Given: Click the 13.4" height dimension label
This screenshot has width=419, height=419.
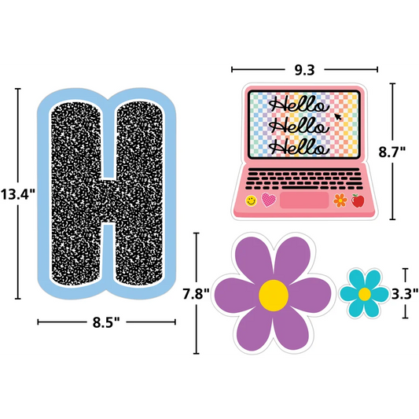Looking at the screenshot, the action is point(17,194).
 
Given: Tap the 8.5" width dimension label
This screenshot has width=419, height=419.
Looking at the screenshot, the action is point(106,322).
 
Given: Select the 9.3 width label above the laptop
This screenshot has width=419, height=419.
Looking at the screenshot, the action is point(305,70).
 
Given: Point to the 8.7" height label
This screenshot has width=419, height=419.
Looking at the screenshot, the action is point(392,152).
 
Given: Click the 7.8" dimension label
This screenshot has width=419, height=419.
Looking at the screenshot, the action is point(196,294).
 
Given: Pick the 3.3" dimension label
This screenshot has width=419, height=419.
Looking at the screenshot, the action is point(405,294).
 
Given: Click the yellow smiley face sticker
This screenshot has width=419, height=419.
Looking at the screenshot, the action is point(251,200).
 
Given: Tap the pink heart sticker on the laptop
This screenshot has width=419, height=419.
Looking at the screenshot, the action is point(269,200).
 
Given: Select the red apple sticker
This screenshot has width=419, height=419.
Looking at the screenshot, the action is point(358,200).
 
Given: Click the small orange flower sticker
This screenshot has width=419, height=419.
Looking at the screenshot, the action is point(340,200).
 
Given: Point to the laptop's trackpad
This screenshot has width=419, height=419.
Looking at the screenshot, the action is point(304,200).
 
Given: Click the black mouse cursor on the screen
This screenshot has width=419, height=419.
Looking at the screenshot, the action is point(338,117).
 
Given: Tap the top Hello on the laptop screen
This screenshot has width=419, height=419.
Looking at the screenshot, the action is point(299,105).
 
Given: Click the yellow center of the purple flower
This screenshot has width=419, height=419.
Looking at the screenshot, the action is point(274,296).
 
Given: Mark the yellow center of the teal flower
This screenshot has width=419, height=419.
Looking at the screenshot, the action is point(365,294).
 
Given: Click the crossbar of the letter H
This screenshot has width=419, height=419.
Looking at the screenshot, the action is point(108,201).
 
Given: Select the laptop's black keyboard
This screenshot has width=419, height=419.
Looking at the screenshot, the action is point(304,178).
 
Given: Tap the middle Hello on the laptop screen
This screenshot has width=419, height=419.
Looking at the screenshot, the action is point(299,126).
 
